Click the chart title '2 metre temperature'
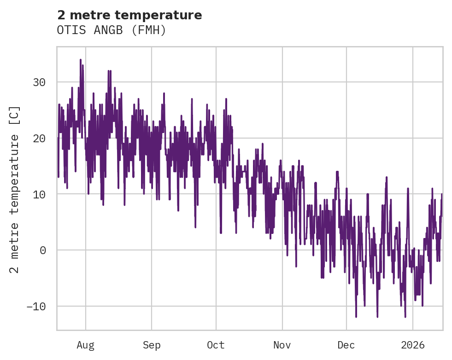click(x=129, y=15)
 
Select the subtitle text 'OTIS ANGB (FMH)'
click(x=111, y=30)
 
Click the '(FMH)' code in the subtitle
click(x=148, y=30)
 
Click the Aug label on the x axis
click(x=86, y=345)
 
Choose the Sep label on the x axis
click(x=152, y=345)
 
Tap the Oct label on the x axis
click(x=216, y=345)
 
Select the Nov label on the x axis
click(x=282, y=345)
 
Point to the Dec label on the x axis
click(x=346, y=345)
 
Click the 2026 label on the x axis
click(x=412, y=345)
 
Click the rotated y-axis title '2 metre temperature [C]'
click(x=15, y=189)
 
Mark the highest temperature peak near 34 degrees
click(x=80, y=60)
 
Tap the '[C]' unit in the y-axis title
click(x=15, y=116)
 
